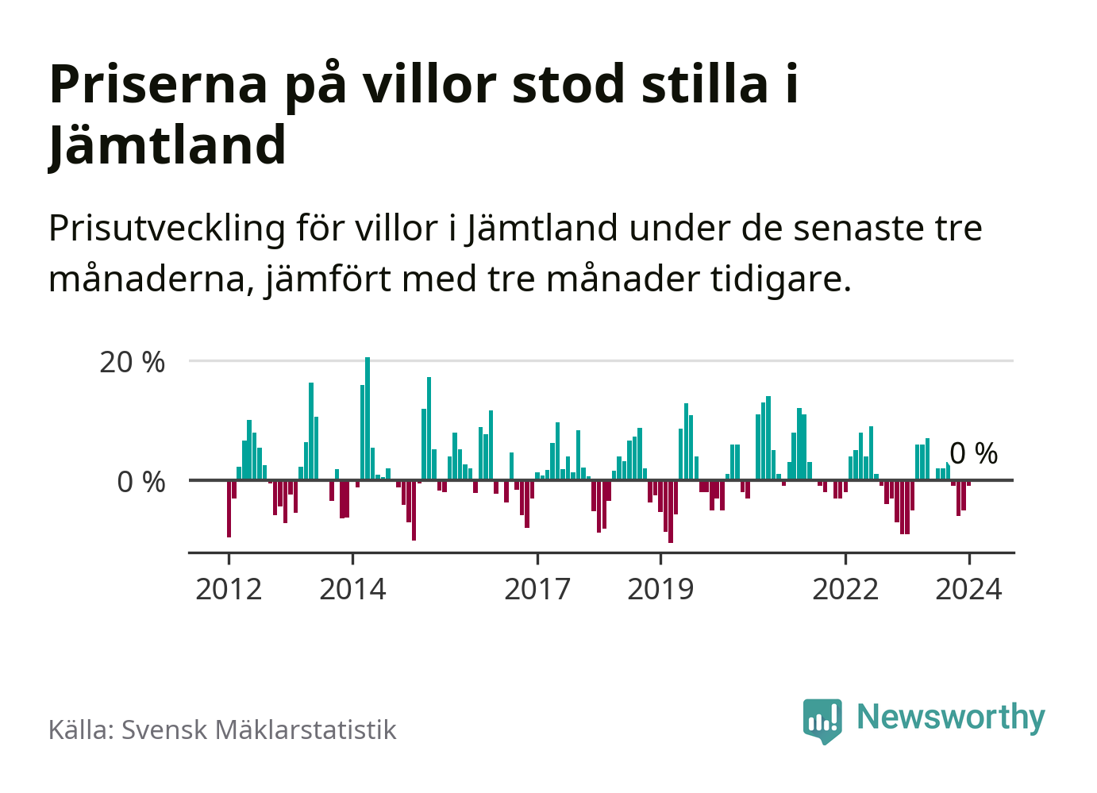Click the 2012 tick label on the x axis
[229, 590]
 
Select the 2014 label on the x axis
[352, 590]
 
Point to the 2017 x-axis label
[537, 590]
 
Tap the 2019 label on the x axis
[660, 590]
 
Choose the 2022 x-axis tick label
[845, 590]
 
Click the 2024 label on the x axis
[968, 590]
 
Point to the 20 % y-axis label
[132, 363]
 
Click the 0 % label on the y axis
[141, 482]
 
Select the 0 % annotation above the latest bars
[974, 454]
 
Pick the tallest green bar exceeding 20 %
[368, 418]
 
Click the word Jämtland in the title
[167, 145]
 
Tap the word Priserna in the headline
[159, 84]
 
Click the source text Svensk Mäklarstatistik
[259, 730]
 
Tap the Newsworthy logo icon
[822, 720]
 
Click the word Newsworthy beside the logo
[951, 717]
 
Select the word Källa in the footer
[80, 730]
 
